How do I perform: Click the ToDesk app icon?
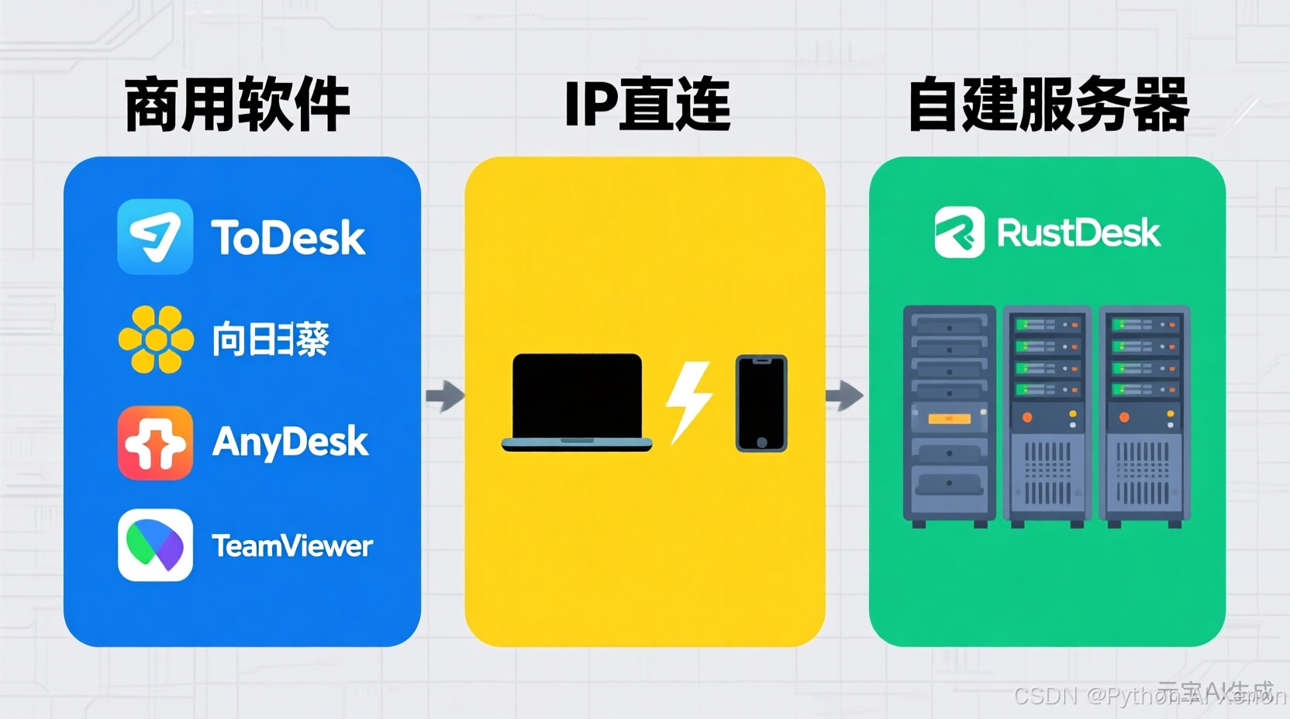155,236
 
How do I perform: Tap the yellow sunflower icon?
156,339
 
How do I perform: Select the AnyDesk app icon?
155,442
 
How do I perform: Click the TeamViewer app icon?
155,545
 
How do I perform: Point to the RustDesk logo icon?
959,232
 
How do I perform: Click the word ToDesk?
288,237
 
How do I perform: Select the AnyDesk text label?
290,442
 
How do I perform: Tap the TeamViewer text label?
292,546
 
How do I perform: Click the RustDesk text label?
1078,232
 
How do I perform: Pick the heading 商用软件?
237,105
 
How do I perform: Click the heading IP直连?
647,105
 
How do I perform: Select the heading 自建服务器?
1048,105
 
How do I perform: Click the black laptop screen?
577,396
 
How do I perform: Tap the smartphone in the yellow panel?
761,403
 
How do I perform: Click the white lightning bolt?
688,401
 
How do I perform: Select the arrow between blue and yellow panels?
445,396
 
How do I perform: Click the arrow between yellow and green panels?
844,396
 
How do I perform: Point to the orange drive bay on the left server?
950,419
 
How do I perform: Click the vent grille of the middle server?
1047,472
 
